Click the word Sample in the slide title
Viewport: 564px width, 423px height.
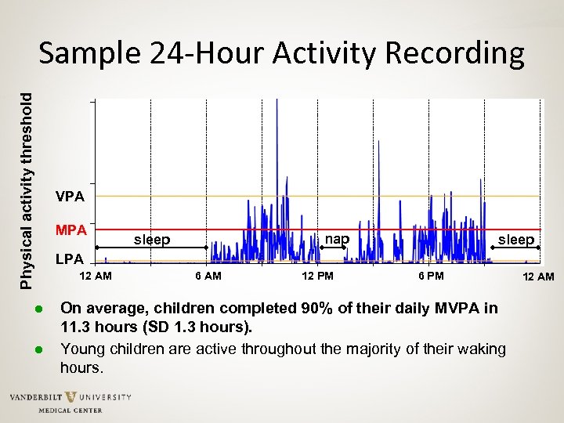point(86,54)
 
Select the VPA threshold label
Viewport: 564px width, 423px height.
point(71,196)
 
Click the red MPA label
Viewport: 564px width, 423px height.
point(71,230)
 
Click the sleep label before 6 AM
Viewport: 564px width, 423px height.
point(152,240)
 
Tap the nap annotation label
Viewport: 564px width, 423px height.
point(337,239)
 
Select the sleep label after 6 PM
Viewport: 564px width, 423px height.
point(516,240)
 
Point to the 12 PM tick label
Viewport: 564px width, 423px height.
point(317,277)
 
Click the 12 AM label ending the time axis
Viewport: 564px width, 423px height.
point(540,277)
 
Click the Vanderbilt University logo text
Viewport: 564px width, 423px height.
point(70,398)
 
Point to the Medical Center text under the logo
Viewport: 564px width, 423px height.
point(70,410)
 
